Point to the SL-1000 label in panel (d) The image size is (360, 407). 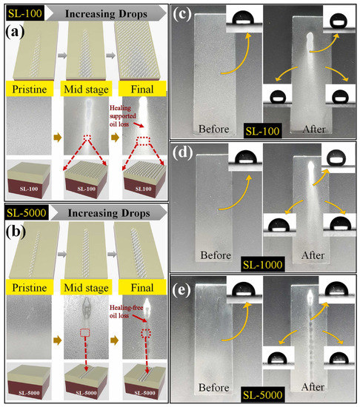click(264, 262)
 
